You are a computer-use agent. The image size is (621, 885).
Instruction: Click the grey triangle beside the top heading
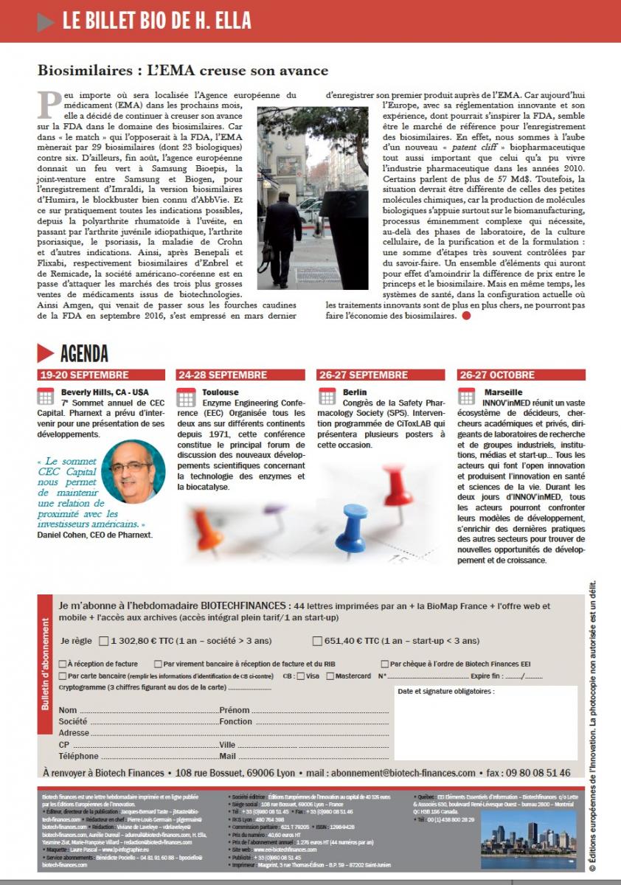tap(46, 22)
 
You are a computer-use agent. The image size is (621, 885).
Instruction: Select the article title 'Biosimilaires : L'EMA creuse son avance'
tap(183, 71)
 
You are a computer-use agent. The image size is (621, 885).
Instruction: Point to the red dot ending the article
tap(465, 316)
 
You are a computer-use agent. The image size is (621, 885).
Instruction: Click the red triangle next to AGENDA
tap(46, 353)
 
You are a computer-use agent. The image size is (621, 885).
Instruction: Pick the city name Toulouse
tap(221, 392)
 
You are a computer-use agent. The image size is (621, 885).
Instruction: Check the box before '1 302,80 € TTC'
tap(103, 641)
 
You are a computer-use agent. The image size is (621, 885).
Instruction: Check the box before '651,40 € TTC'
tap(317, 641)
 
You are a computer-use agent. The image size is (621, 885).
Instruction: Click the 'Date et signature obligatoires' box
tap(485, 721)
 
